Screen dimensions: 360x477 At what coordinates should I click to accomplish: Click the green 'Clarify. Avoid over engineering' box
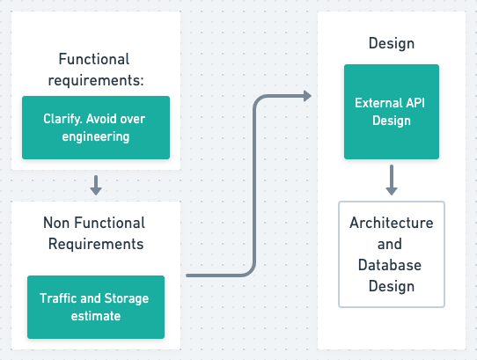point(95,127)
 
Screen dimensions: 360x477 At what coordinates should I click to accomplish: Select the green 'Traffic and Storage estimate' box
point(95,306)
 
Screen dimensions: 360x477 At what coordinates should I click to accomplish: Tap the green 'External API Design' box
point(390,112)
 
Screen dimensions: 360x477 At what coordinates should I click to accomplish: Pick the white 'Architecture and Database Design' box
point(392,253)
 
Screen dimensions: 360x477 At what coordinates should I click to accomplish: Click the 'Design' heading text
point(392,43)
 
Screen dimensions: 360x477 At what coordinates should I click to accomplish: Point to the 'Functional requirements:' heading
point(94,70)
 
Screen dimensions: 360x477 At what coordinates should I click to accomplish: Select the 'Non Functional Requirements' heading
point(94,232)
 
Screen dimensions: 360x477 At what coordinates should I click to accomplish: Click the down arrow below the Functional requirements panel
point(95,186)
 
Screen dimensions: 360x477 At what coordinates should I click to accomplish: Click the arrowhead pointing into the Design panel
point(306,96)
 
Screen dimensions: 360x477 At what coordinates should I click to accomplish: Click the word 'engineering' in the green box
point(95,136)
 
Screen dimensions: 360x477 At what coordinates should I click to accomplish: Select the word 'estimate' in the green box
point(95,315)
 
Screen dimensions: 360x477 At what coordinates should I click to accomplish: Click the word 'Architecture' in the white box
point(392,223)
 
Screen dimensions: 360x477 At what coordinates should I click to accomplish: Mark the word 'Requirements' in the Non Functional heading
point(94,243)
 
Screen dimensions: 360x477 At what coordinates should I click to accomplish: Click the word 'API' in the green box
point(417,103)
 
